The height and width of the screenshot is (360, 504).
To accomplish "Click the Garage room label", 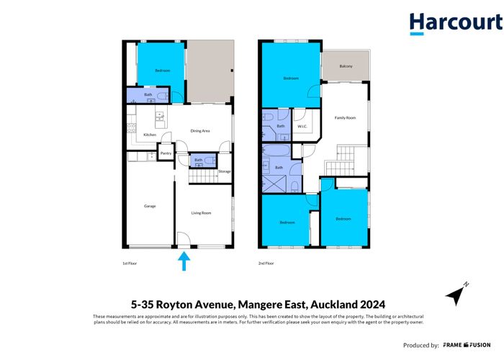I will click(x=149, y=207).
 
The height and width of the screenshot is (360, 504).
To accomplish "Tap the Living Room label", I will click(x=201, y=212).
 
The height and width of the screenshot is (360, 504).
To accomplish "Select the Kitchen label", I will click(x=150, y=135).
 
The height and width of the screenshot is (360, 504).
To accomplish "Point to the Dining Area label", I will click(x=200, y=131).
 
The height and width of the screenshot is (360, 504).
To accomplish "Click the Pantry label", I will click(x=166, y=153).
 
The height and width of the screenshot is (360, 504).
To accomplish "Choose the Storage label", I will click(x=224, y=171).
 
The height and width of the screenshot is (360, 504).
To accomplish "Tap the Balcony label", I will click(x=346, y=66).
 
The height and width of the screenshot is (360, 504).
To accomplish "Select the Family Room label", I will click(x=346, y=117).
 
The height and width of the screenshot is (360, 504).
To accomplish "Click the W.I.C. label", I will click(x=303, y=127).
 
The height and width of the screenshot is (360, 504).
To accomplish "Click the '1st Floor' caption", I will click(x=130, y=264).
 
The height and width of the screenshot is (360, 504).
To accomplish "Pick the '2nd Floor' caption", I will click(x=266, y=264).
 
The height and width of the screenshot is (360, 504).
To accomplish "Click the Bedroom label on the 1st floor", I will click(x=162, y=71).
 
